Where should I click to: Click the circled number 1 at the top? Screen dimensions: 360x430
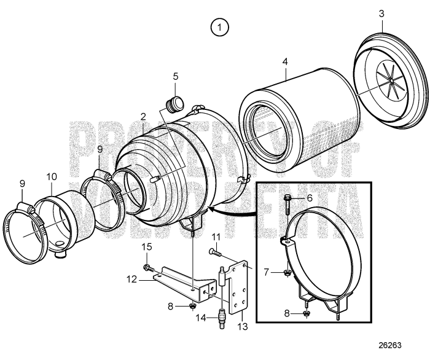(x=219, y=26)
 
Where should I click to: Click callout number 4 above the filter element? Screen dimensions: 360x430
(x=284, y=62)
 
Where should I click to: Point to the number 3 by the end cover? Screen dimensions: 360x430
(x=381, y=13)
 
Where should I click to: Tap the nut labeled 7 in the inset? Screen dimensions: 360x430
(x=287, y=272)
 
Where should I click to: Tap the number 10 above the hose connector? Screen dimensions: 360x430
(x=51, y=178)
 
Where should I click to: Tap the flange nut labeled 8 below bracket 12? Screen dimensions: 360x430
(x=192, y=305)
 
